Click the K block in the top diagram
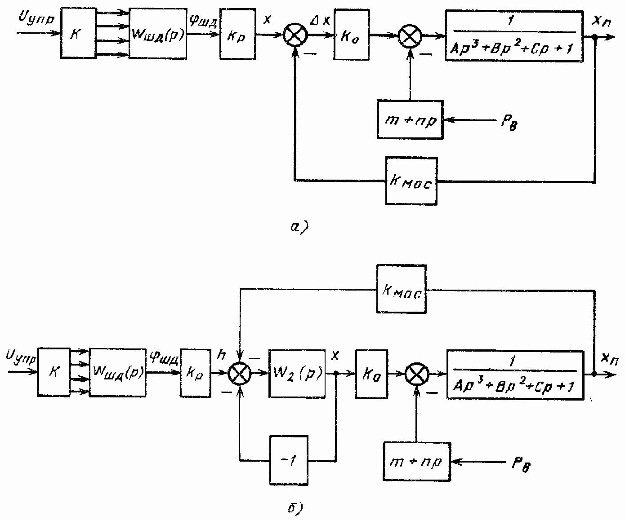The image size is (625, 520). coord(75,33)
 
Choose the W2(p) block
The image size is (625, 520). coord(297,373)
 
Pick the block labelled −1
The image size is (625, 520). coord(289,460)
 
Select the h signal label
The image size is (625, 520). coord(221,355)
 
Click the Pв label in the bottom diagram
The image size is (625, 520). coord(522,465)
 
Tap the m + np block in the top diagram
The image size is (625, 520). coord(411,120)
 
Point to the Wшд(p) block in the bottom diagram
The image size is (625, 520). coord(117,372)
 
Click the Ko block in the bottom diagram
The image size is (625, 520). coord(371,374)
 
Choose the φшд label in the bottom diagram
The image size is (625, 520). coord(163,357)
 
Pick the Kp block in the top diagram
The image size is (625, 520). coord(237,35)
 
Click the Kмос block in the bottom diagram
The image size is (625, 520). coord(401,289)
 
